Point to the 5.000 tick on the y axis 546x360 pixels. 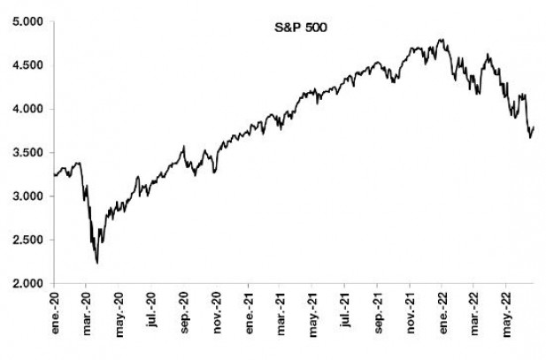[x=29, y=22]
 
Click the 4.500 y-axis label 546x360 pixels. [x=29, y=65]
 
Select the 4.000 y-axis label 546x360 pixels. [x=29, y=110]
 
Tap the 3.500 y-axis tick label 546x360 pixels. [x=29, y=153]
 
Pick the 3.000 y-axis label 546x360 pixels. [x=29, y=196]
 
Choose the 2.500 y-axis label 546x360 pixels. [x=29, y=240]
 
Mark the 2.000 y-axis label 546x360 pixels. [x=29, y=283]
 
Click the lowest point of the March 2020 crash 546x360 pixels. [x=96, y=263]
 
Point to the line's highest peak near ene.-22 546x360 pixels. [x=442, y=40]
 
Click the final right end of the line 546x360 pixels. [x=534, y=127]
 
